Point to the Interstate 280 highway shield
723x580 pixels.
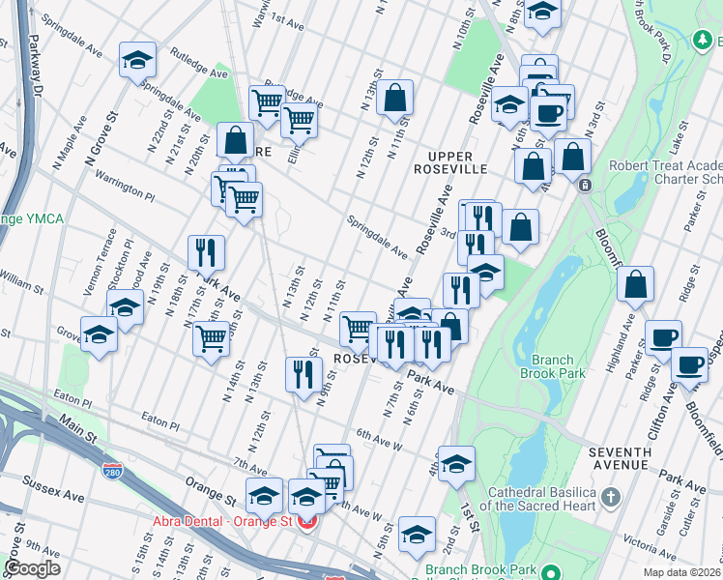[113, 471]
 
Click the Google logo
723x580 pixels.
[32, 568]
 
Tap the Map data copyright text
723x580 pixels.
[682, 572]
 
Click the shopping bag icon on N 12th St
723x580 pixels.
[394, 98]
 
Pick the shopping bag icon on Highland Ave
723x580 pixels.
[636, 285]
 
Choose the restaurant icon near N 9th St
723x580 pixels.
[304, 374]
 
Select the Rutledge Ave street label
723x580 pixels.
[198, 63]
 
